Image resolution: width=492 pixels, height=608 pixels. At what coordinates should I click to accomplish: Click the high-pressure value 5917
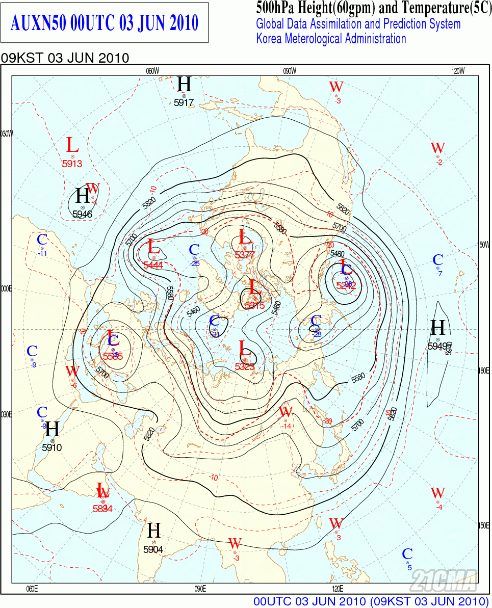(184, 102)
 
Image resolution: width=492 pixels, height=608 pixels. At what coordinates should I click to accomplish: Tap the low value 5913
(72, 164)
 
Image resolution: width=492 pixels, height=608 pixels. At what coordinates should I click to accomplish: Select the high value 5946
(82, 214)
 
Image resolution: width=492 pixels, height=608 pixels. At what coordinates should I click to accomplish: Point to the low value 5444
(153, 265)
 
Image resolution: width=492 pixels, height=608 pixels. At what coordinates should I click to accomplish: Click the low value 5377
(245, 255)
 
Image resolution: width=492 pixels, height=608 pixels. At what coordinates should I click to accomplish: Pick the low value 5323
(245, 366)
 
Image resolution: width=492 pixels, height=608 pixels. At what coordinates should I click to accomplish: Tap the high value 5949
(437, 346)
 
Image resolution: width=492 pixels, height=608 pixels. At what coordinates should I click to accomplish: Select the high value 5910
(51, 448)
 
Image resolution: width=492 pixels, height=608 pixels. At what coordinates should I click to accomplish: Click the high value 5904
(153, 549)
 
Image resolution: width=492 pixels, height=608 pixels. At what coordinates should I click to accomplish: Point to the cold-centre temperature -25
(195, 263)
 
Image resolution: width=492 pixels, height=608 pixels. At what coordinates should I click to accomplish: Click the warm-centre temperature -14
(287, 426)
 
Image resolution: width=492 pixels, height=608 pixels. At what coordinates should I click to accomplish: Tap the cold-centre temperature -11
(43, 253)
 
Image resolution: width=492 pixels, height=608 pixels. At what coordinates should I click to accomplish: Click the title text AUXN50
(38, 23)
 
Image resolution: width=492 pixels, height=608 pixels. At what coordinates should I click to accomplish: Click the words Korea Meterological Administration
(331, 38)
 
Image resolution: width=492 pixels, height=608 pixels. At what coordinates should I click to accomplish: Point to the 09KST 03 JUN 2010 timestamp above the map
(65, 58)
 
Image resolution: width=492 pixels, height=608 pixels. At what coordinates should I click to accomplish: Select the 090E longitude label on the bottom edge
(200, 589)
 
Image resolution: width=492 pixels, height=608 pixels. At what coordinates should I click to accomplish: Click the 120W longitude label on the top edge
(458, 71)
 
